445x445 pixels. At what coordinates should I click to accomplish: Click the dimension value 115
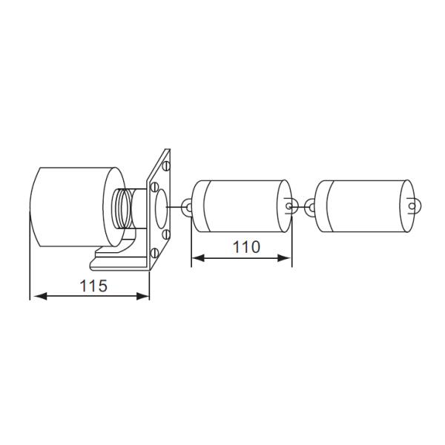[93, 283]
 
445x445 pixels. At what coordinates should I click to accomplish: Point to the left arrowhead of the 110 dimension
[199, 258]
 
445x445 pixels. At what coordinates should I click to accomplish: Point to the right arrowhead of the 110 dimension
[285, 258]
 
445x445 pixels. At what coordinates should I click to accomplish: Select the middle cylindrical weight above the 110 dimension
[241, 205]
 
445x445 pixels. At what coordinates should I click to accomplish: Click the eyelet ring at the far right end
[413, 204]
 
